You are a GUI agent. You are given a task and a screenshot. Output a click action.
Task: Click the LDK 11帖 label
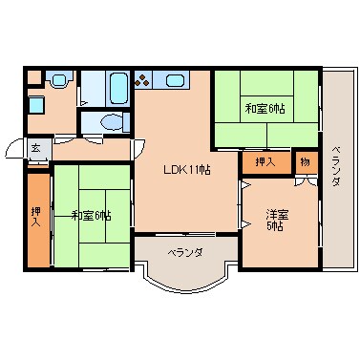point(186,169)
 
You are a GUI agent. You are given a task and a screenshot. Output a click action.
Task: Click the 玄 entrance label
point(35,147)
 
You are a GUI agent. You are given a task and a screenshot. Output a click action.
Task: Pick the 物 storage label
point(305,160)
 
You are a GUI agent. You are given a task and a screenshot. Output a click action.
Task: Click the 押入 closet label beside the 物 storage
point(265,161)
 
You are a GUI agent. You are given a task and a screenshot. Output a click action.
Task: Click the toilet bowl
point(110,122)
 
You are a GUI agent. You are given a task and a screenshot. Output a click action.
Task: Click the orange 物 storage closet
point(306,161)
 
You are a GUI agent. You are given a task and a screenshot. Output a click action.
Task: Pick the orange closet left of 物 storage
point(265,161)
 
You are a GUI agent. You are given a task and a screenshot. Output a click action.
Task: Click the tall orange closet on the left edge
point(36,220)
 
